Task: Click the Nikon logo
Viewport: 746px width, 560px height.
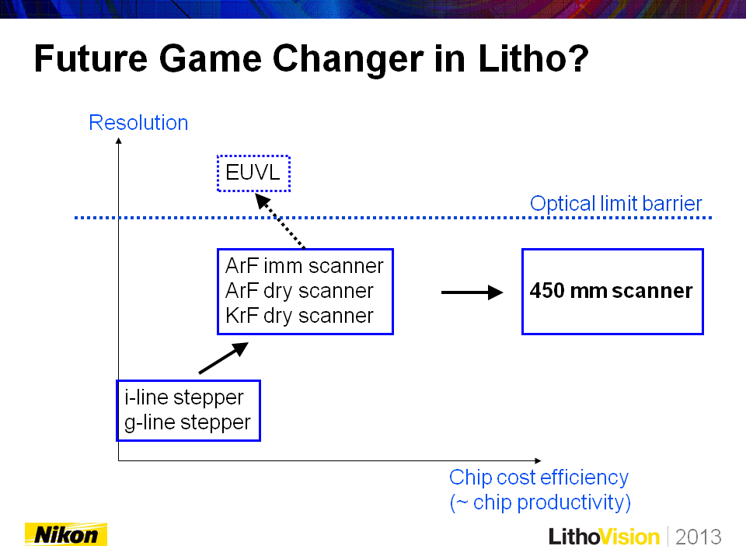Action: pos(66,534)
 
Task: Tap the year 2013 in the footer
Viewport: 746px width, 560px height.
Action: pos(699,537)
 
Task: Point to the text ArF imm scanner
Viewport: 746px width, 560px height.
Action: pos(304,266)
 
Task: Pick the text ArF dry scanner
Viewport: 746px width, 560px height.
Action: pos(299,291)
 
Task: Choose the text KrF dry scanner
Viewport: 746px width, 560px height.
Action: pos(299,316)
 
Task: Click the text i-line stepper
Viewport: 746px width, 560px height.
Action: pos(184,397)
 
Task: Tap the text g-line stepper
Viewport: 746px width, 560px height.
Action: pos(187,422)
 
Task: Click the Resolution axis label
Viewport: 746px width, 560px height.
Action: pos(138,122)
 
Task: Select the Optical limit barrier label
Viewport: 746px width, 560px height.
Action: pos(615,204)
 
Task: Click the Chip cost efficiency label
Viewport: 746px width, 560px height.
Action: pos(539,477)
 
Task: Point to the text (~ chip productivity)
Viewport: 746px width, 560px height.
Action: pos(540,502)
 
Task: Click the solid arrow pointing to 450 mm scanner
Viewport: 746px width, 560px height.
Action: pos(472,292)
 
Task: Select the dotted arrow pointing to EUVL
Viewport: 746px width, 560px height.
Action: pos(280,221)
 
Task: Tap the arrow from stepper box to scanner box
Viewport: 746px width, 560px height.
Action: pos(223,358)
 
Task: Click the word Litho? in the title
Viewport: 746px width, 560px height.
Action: pos(533,58)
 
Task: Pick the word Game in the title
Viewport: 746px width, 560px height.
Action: pos(210,59)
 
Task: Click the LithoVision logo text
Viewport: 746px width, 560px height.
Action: pos(604,537)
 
